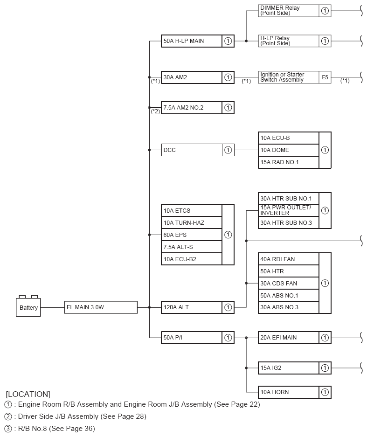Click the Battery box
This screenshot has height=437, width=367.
pos(28,307)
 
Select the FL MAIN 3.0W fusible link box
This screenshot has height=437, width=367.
pos(101,307)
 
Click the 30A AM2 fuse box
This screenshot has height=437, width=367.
pos(191,77)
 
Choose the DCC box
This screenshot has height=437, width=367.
pos(191,150)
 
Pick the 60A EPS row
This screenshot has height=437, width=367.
pos(191,235)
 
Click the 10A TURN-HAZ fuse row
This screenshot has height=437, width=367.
pos(191,222)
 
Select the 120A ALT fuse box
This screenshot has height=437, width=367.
pos(191,307)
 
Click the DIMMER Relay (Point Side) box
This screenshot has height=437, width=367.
pos(289,11)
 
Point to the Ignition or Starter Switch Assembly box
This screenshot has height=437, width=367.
pos(289,77)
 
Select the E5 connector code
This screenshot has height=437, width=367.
pos(325,77)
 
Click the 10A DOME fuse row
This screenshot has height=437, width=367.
pos(289,150)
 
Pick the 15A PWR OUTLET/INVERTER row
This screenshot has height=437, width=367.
pos(289,210)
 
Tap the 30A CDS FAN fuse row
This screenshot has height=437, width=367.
pos(289,283)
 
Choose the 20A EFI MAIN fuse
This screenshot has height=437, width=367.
pos(289,338)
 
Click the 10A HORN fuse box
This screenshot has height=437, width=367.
pos(289,392)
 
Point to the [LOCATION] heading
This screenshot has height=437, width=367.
pos(28,394)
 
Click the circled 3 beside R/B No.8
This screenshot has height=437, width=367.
pos(8,429)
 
